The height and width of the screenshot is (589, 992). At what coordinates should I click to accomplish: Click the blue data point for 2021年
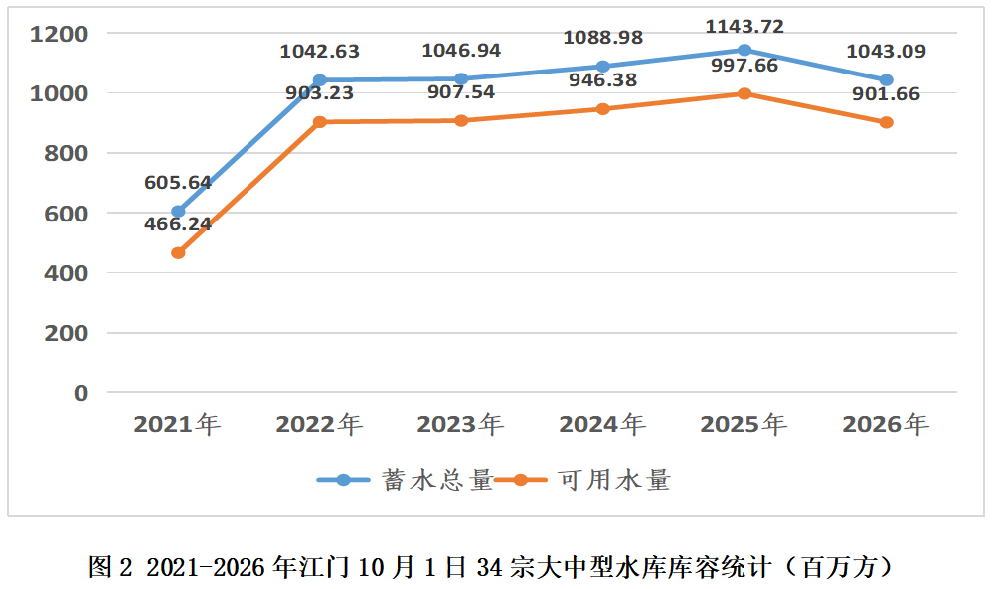(x=178, y=212)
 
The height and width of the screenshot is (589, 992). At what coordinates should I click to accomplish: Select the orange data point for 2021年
(x=178, y=253)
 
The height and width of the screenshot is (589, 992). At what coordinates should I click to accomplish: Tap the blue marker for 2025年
(x=744, y=50)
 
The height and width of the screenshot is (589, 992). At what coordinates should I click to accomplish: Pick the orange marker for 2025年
(x=744, y=93)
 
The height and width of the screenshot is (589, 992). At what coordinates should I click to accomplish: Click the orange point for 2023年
(x=461, y=121)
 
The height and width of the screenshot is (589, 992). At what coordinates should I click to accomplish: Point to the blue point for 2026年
(x=887, y=80)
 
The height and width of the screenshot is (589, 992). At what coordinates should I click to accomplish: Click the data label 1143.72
(x=744, y=27)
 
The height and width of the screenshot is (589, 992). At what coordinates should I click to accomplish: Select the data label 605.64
(x=178, y=183)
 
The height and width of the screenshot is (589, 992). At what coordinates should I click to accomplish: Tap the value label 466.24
(x=178, y=224)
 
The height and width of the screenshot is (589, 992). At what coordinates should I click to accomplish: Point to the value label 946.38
(x=603, y=80)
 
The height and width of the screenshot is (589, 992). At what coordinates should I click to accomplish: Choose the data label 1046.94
(x=461, y=51)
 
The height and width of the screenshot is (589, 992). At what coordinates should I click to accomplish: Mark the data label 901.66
(x=887, y=94)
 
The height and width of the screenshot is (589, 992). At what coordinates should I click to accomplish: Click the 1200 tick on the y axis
(x=60, y=34)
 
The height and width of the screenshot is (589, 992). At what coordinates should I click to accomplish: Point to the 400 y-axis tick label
(x=67, y=274)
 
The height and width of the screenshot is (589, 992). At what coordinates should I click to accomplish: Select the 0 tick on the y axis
(x=81, y=393)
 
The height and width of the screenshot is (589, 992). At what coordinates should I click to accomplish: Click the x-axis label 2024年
(x=602, y=424)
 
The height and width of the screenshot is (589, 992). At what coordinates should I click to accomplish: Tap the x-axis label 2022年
(x=319, y=424)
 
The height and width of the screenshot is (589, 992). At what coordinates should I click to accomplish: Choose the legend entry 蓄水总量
(x=405, y=480)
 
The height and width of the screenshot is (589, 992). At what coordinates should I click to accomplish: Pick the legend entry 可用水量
(x=582, y=480)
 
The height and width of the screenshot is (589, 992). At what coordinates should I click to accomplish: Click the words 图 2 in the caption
(x=110, y=567)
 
